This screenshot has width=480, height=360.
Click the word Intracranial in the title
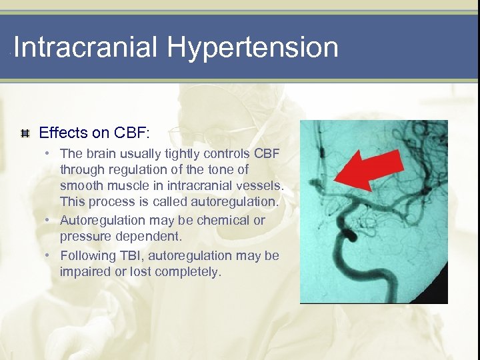coord(86,48)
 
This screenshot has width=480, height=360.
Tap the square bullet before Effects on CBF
coord(25,133)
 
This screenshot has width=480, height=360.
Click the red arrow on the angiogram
coord(365,169)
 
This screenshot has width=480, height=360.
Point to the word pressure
coord(83,237)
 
